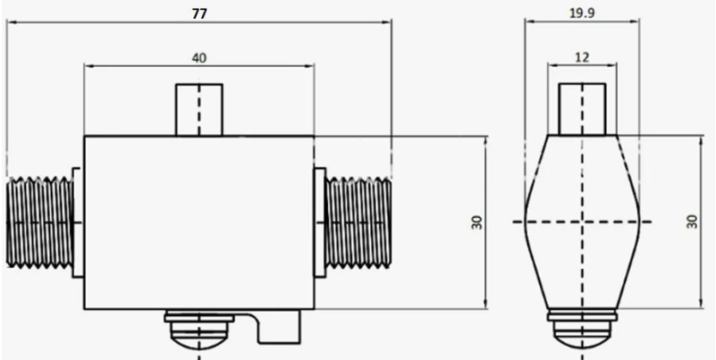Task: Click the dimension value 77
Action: click(199, 13)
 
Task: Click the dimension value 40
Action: click(199, 58)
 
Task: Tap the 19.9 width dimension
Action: click(582, 13)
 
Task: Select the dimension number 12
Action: click(582, 57)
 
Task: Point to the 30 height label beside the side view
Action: click(477, 222)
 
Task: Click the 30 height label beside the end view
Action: click(693, 222)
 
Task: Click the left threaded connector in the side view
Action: click(40, 222)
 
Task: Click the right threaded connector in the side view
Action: click(358, 222)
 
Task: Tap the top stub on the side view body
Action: click(199, 110)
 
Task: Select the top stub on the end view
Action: click(582, 110)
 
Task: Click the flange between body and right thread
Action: click(320, 222)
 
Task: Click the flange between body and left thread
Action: click(78, 222)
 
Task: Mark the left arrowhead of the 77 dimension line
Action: click(11, 21)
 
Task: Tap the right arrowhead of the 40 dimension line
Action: click(310, 66)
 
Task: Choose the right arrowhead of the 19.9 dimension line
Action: click(636, 21)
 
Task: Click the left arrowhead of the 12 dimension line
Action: click(552, 65)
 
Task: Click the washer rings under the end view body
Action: click(582, 315)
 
